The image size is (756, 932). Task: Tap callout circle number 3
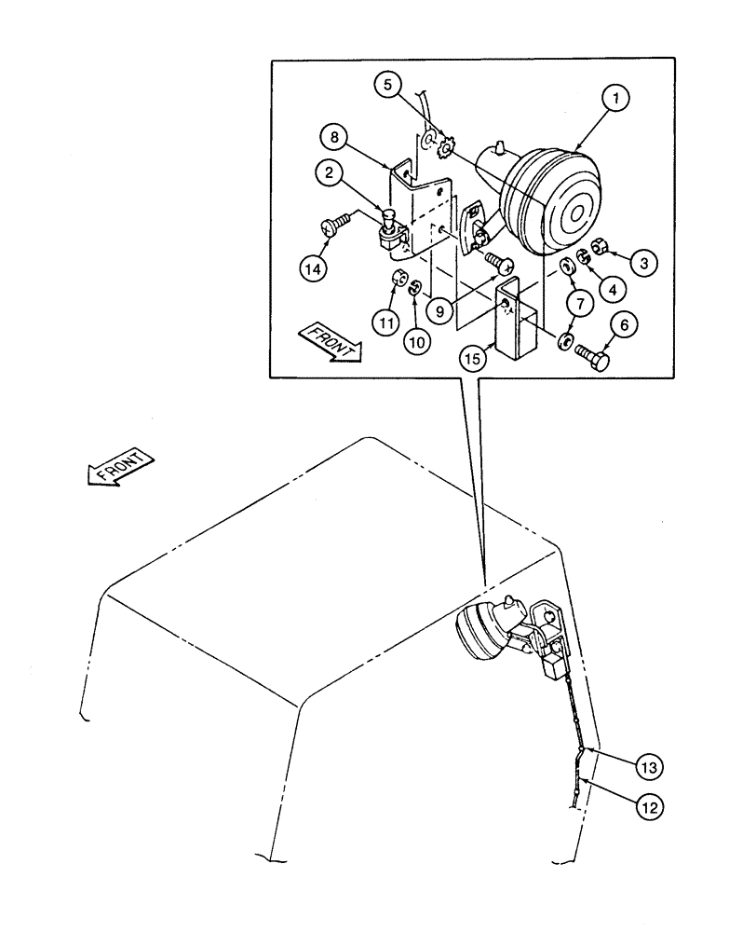(642, 263)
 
